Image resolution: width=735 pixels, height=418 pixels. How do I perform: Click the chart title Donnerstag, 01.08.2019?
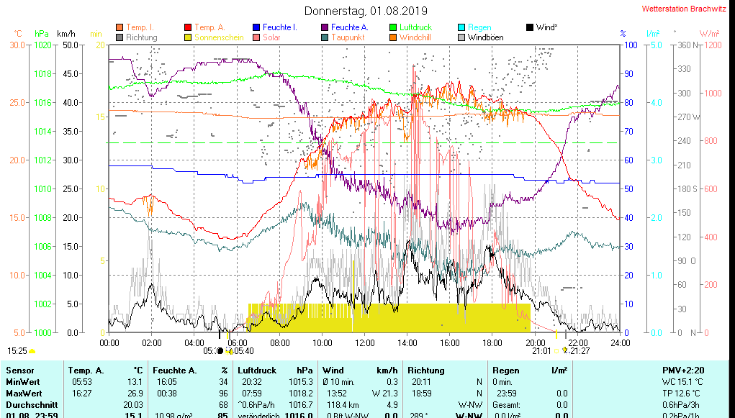[366, 11]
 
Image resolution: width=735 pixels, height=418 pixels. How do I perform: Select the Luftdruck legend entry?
[415, 27]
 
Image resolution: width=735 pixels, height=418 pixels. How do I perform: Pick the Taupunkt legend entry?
[348, 37]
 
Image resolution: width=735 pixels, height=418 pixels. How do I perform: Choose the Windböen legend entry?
[485, 37]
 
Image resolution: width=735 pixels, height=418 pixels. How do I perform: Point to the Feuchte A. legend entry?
[351, 27]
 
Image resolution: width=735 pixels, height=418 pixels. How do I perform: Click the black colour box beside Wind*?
[530, 27]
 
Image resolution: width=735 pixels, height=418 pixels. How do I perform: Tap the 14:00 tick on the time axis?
[407, 342]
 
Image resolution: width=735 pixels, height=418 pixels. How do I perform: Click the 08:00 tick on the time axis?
[279, 342]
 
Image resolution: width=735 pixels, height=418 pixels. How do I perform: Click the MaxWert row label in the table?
[24, 394]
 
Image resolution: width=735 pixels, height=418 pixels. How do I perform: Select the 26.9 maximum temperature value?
[134, 394]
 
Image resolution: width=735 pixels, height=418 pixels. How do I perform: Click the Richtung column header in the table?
[427, 371]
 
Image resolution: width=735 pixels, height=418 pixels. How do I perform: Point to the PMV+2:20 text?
[683, 371]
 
